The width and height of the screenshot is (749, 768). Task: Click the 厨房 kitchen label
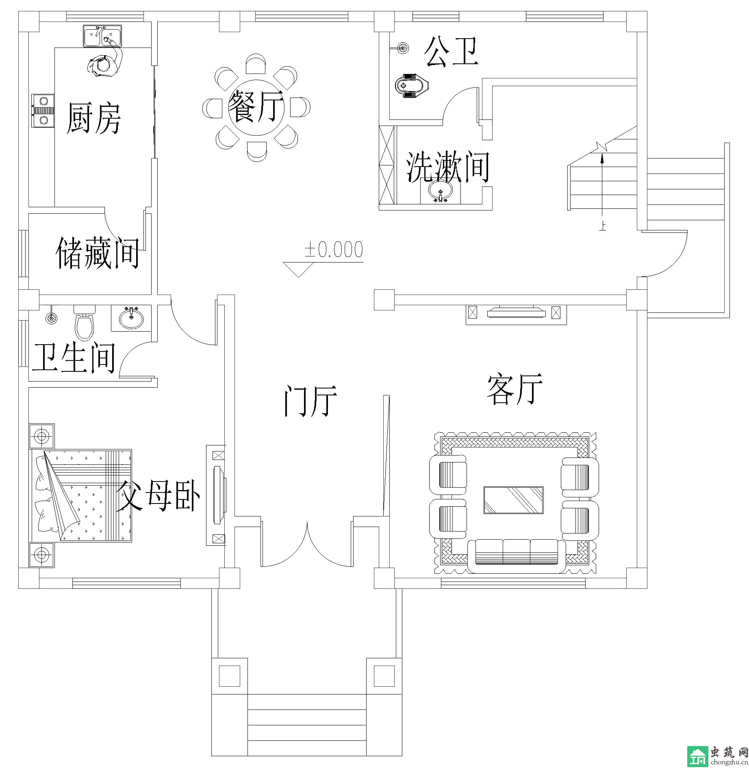94,118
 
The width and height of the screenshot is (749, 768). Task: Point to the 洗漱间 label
448,167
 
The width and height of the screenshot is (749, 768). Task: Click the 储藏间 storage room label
98,253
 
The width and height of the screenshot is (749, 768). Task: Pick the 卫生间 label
74,358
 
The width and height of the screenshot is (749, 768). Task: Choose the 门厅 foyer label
310,401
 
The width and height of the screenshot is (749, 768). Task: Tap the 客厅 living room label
515,389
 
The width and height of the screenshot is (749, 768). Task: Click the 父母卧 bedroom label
158,496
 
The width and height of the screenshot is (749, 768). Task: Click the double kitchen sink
102,36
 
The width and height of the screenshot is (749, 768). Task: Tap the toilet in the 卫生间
85,323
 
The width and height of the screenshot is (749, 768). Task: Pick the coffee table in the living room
513,500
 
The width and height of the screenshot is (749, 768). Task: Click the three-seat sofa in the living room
517,556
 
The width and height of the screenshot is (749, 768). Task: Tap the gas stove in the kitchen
43,111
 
